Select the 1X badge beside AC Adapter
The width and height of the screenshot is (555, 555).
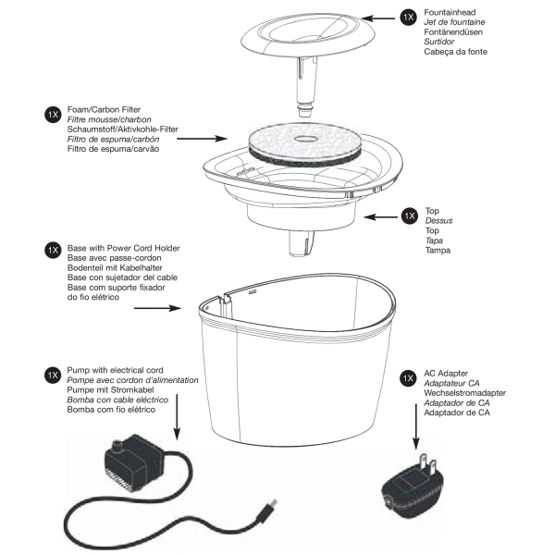tap(407, 378)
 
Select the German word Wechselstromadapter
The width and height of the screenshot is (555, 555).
tap(471, 391)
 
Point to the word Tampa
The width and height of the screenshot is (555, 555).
tap(437, 252)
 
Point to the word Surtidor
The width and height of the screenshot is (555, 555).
tap(438, 42)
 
